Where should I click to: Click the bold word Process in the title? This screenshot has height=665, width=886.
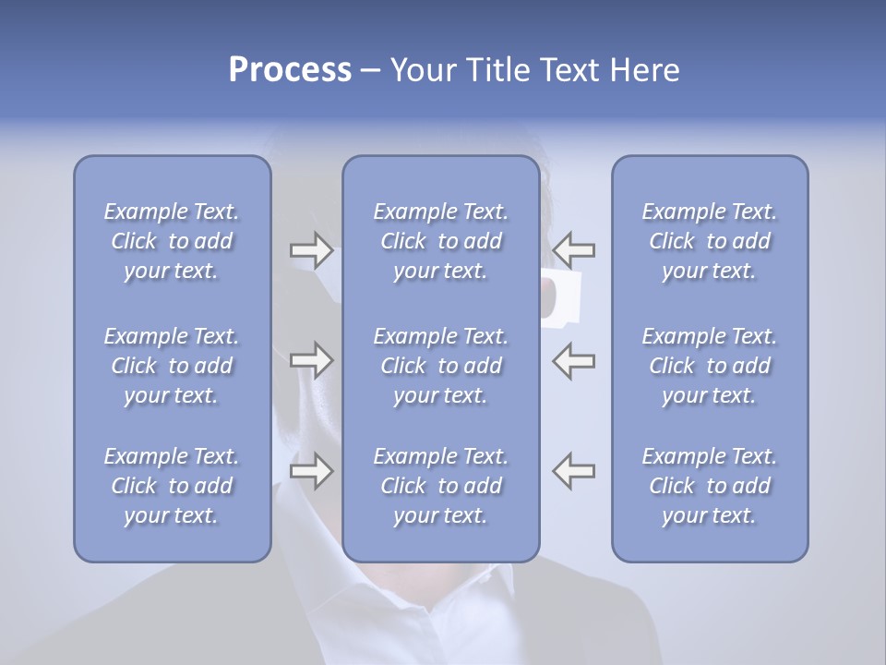tap(290, 70)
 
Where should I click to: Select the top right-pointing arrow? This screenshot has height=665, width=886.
tap(311, 249)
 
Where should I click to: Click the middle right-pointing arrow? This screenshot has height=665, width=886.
tap(311, 360)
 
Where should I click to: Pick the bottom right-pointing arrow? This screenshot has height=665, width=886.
tap(311, 471)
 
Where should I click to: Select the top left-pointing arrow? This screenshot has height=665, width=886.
tap(574, 249)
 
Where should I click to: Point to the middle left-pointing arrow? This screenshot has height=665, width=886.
tap(574, 360)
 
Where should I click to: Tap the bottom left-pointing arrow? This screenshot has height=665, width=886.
tap(574, 471)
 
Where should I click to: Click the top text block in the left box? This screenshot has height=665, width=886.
tap(172, 241)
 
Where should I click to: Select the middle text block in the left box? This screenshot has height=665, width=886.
tap(172, 366)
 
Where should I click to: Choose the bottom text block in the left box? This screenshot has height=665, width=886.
tap(172, 486)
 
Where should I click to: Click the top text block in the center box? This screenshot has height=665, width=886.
tap(441, 241)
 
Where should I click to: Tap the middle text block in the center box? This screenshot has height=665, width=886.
tap(441, 366)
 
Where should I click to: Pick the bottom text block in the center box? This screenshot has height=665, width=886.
tap(441, 486)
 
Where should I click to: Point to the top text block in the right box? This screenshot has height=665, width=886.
tap(710, 241)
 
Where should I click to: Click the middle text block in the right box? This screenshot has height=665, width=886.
tap(710, 366)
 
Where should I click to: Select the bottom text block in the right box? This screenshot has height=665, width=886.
tap(710, 486)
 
